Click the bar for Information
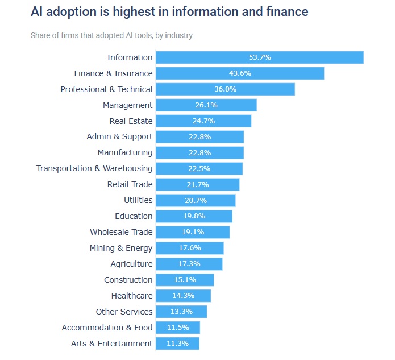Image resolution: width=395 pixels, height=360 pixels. [x=260, y=57]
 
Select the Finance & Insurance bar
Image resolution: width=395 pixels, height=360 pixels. [x=240, y=73]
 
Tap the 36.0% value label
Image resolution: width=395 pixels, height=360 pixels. [x=226, y=89]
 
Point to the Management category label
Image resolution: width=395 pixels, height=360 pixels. [x=127, y=105]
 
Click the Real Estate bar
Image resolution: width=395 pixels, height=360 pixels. [x=203, y=121]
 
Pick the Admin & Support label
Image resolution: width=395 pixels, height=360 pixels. [x=119, y=137]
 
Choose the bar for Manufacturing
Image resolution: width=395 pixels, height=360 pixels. [x=199, y=153]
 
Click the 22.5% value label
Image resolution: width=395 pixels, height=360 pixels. [x=199, y=169]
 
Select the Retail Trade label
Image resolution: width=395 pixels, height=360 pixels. [x=130, y=184]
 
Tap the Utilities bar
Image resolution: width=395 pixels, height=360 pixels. [x=196, y=200]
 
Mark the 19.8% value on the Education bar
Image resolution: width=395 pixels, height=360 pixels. [x=194, y=216]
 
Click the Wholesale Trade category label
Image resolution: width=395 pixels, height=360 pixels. [x=121, y=232]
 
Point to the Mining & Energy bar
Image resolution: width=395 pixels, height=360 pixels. [x=189, y=248]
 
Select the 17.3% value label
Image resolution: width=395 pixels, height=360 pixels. [x=189, y=264]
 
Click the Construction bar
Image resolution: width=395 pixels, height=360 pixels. [x=185, y=280]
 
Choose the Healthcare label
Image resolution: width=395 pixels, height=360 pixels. [x=132, y=296]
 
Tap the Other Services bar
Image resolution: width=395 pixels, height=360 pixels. [x=181, y=312]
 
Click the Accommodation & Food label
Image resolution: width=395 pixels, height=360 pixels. [x=107, y=328]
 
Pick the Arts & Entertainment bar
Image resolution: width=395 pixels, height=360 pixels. [x=177, y=344]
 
